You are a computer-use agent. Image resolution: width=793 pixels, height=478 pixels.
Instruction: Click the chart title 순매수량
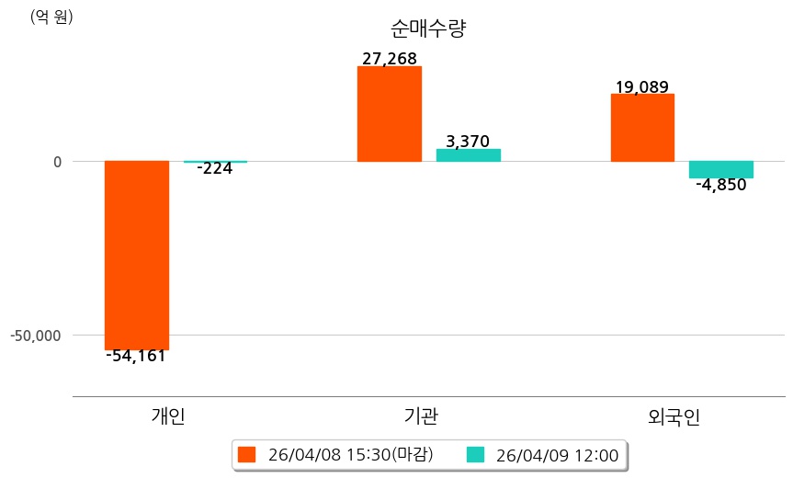tap(428, 28)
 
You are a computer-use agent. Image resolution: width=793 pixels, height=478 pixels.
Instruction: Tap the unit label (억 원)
tap(51, 17)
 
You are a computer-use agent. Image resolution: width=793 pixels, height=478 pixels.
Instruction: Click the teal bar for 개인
tap(215, 162)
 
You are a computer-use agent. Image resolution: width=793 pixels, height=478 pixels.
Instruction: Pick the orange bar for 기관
tap(390, 114)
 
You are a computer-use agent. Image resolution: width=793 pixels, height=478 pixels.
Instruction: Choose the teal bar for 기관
tap(468, 155)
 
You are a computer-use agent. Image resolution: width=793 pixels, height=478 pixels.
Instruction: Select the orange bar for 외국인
tap(642, 128)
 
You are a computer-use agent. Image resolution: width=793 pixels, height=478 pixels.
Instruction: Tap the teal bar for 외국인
tap(721, 169)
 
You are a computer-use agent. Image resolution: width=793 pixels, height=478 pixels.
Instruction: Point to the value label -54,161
tap(136, 356)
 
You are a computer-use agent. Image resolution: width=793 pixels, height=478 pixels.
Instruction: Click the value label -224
tap(215, 168)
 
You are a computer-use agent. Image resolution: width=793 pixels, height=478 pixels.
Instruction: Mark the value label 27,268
tap(390, 59)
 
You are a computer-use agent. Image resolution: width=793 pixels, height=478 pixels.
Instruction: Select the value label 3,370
tap(468, 142)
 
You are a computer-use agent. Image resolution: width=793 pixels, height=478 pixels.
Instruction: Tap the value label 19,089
tap(641, 87)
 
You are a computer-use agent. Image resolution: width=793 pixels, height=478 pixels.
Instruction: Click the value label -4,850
tap(721, 185)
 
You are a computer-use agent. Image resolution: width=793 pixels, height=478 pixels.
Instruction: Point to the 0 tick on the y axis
tap(57, 162)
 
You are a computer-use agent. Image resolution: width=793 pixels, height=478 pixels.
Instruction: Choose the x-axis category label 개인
tap(168, 416)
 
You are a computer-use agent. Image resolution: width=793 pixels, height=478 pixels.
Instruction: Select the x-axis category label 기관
tap(421, 416)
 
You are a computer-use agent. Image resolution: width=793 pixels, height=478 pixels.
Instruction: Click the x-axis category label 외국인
tap(674, 416)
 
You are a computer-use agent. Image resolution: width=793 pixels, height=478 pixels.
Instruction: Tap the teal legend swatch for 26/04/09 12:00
tap(476, 454)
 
